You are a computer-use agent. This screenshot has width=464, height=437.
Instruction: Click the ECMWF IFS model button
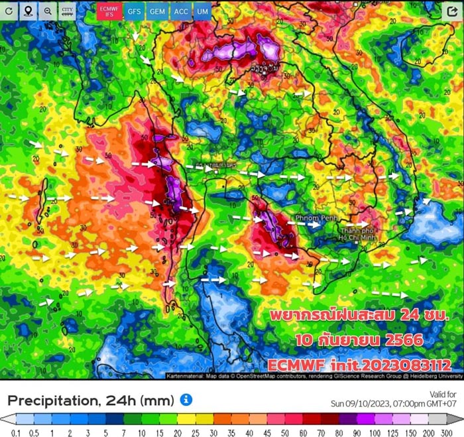(x=107, y=11)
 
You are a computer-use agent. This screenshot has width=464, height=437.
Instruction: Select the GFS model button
(x=135, y=11)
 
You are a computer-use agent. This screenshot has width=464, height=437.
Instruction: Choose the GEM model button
(x=157, y=11)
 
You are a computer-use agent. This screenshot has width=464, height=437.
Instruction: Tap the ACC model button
(x=180, y=11)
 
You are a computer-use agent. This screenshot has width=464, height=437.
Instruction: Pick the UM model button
(x=202, y=11)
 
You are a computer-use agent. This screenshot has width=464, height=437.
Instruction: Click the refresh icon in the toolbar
(x=9, y=11)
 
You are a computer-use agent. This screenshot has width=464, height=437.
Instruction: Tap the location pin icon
(x=29, y=11)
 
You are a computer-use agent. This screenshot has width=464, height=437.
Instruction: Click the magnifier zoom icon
(x=48, y=11)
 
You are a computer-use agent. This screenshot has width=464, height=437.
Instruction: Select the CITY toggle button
(x=68, y=11)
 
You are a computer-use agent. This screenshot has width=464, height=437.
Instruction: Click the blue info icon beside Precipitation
(x=186, y=399)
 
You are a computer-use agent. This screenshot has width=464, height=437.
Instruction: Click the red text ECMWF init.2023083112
(x=360, y=365)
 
